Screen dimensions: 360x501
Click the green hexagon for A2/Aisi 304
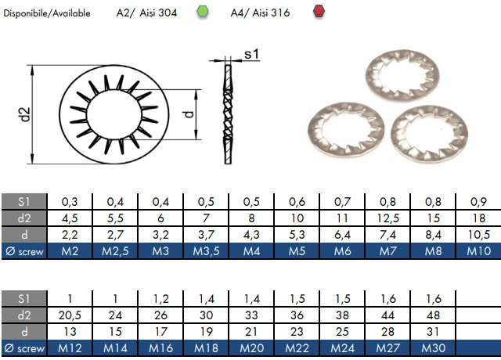pos(202,13)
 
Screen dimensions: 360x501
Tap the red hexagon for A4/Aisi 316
pos(318,13)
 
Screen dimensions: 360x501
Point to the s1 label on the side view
pos(251,54)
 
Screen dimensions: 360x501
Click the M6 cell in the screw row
pos(342,251)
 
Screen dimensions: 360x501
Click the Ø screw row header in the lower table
pos(24,347)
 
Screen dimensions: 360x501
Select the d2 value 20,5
pos(69,315)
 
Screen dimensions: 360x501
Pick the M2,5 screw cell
pos(114,251)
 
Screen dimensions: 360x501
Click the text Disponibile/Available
pos(48,13)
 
